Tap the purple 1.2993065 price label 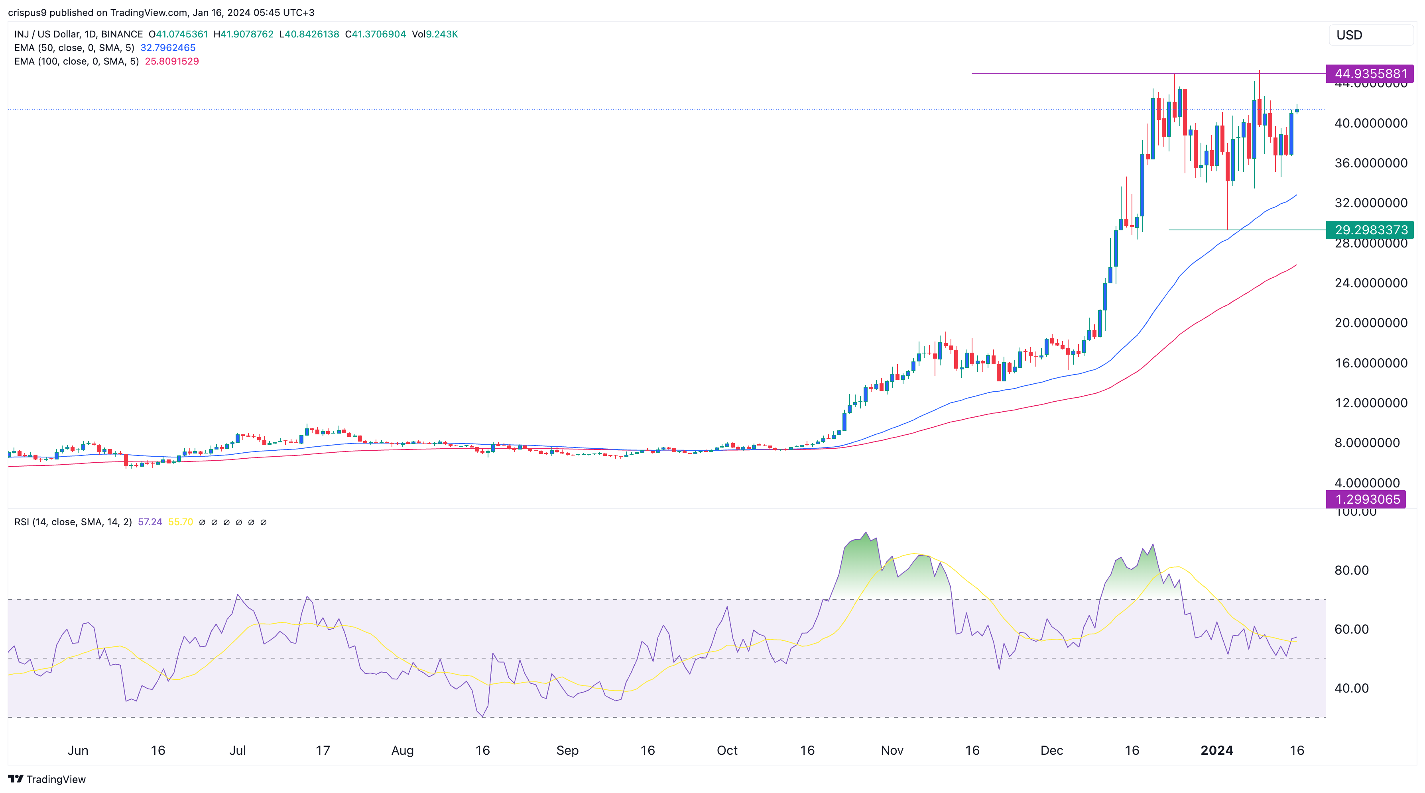[1366, 499]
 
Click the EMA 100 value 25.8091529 [171, 61]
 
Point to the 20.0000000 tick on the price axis [1371, 323]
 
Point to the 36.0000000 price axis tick [1371, 163]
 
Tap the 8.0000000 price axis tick [1366, 443]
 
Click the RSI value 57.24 [150, 522]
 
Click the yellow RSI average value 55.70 [180, 522]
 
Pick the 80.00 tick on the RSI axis [1351, 570]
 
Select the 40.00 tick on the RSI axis [1351, 689]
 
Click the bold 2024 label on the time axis [1216, 750]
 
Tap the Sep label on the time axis [567, 750]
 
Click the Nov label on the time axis [892, 750]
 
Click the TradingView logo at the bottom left [47, 779]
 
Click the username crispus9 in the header [27, 12]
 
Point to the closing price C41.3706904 [375, 34]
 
